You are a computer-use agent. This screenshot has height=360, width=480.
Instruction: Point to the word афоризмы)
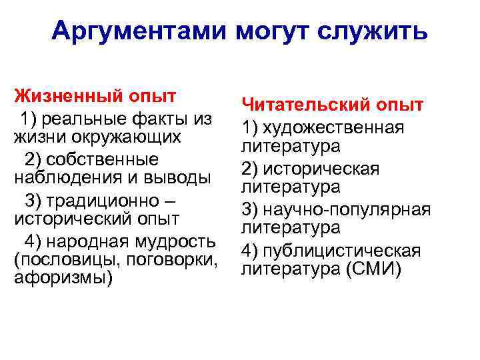click(x=63, y=277)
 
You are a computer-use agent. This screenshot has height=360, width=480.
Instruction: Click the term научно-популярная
click(x=347, y=209)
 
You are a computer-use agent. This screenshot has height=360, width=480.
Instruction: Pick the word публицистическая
click(x=341, y=251)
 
